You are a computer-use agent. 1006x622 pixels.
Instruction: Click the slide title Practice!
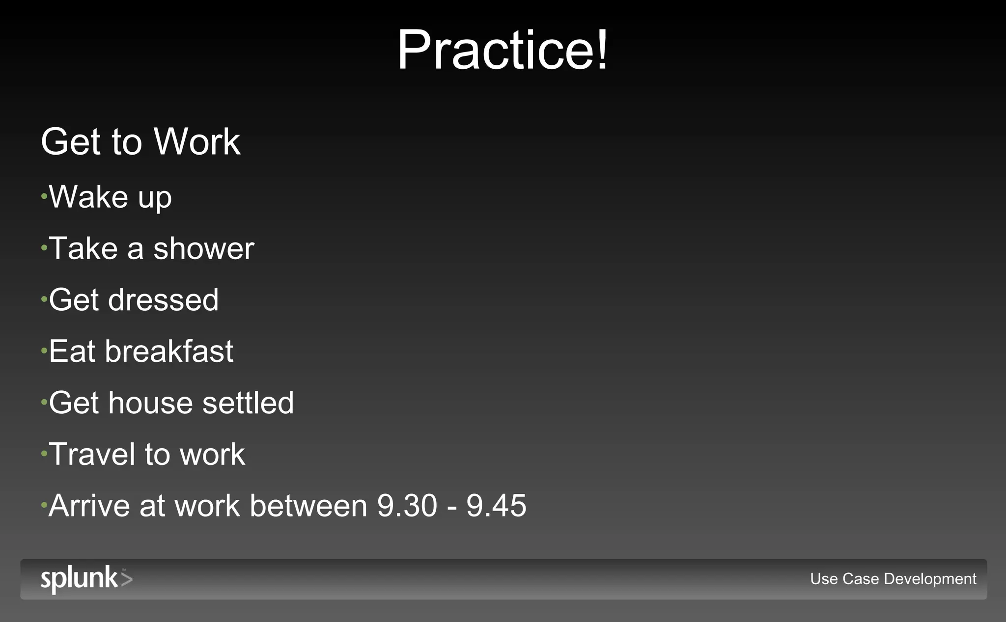pos(503,50)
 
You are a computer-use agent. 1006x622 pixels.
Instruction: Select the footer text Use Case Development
pos(893,579)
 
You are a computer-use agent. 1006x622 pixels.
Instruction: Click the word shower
pos(204,248)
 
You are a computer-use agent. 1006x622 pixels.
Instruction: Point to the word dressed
pos(163,300)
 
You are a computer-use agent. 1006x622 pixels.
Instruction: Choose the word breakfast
pos(169,352)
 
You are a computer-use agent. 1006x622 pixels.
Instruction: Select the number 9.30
pos(407,506)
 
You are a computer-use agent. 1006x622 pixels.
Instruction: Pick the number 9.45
pos(496,506)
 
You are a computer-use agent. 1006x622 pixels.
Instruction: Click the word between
pos(308,506)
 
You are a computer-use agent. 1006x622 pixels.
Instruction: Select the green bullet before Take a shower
pos(44,248)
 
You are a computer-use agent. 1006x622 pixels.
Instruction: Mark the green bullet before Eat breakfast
pos(44,351)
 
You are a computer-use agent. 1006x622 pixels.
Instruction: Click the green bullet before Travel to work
pos(44,454)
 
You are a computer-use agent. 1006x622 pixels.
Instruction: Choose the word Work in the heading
pos(197,142)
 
